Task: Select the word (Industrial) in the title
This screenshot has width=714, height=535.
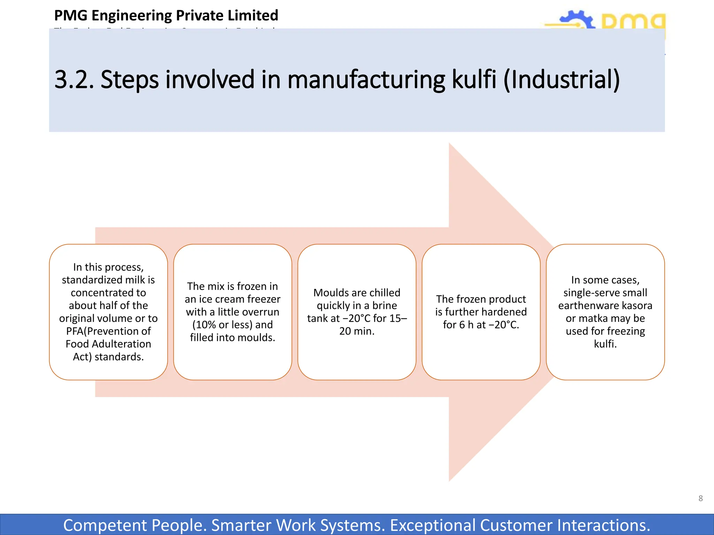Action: click(562, 79)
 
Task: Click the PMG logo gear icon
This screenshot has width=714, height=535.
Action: click(577, 21)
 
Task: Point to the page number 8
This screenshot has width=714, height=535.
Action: click(700, 498)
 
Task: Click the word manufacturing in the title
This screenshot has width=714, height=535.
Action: click(366, 79)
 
